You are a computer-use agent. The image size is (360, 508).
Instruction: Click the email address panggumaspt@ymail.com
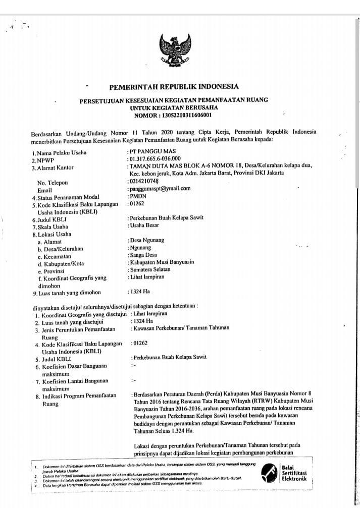[160, 189]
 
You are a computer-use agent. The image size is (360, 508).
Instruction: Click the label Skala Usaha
[54, 227]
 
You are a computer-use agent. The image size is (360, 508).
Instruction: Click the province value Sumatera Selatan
[150, 270]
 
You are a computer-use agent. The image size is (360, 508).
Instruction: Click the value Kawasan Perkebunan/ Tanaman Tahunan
[181, 328]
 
